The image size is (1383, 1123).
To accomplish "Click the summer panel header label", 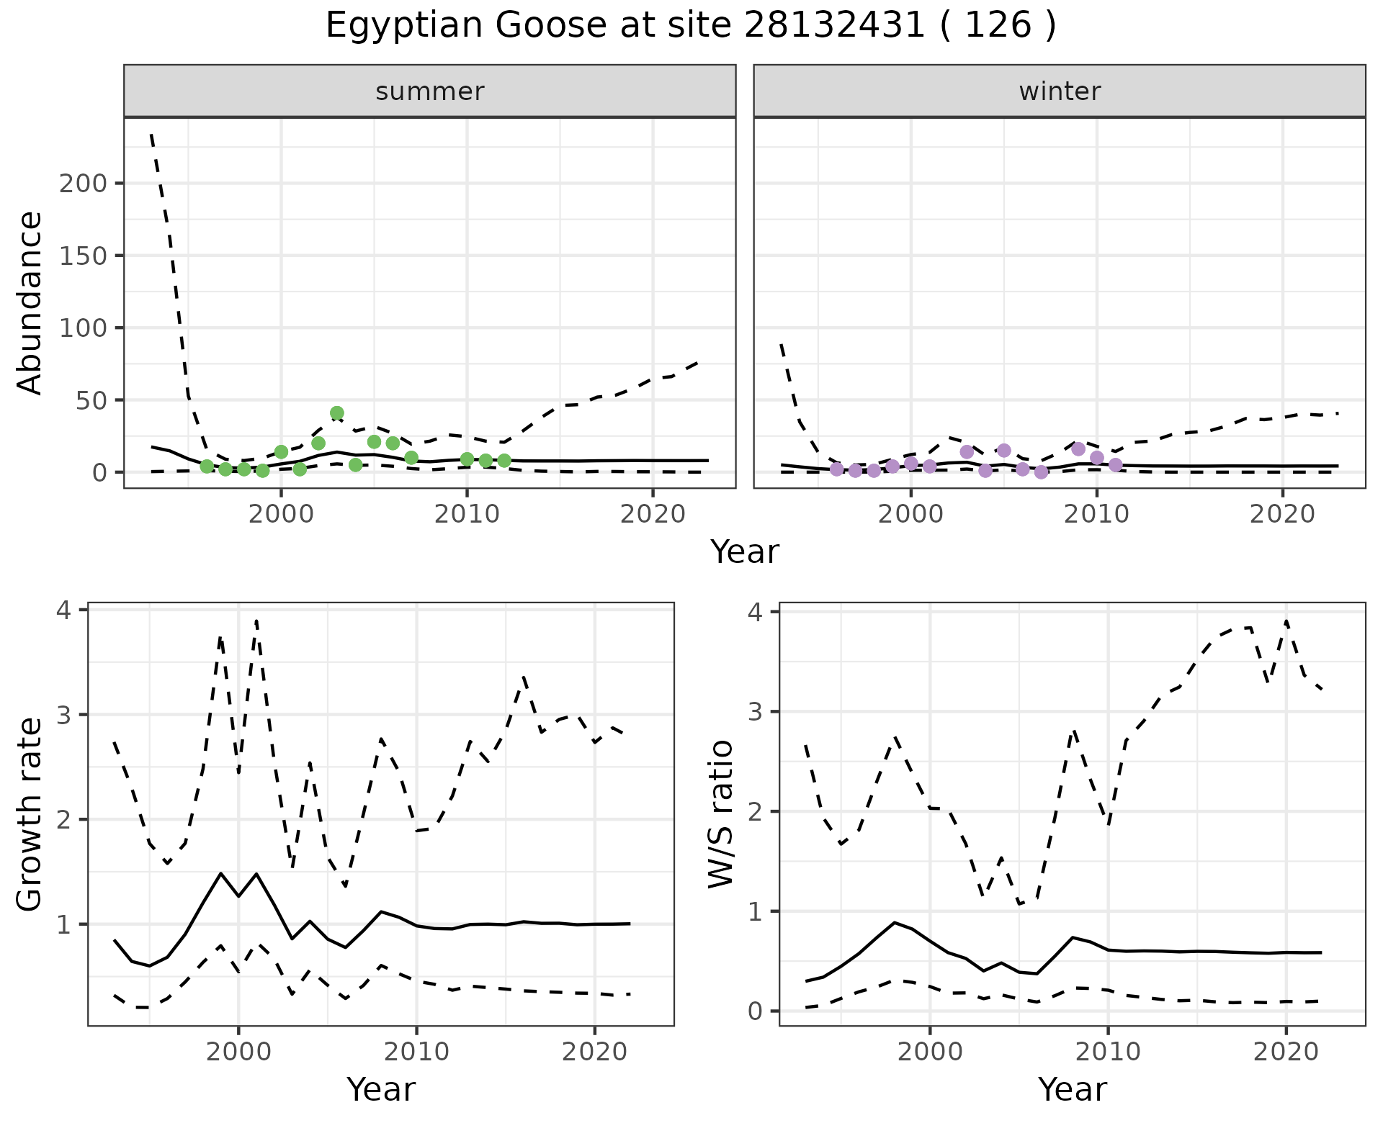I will (x=430, y=91).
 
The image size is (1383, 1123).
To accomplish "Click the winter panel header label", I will (x=1060, y=91).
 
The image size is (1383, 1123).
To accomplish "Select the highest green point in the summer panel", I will (x=337, y=413).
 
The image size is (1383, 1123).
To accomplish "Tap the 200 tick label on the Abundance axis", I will (x=83, y=184).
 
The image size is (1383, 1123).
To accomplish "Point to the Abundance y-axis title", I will (x=30, y=303).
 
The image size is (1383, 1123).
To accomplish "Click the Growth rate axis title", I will (x=30, y=815).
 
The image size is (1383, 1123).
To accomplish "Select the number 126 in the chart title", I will (x=998, y=26).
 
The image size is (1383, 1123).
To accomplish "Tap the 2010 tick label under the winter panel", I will (x=1096, y=515).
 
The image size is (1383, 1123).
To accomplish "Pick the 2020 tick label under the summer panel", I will (x=653, y=515).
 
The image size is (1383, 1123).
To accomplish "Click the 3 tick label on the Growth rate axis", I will (x=68, y=715).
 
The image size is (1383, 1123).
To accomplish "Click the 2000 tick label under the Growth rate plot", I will (x=239, y=1052).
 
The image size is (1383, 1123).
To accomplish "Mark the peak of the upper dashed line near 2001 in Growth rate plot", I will (x=256, y=621).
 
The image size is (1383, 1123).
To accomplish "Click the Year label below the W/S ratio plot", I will (x=1073, y=1090).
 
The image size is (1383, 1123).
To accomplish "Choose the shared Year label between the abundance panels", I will (x=745, y=552).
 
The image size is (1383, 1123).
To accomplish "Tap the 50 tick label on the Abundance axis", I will (x=91, y=400).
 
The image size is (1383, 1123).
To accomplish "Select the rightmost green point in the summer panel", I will (x=504, y=461).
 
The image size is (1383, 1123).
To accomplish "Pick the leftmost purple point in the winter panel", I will (x=836, y=469).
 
